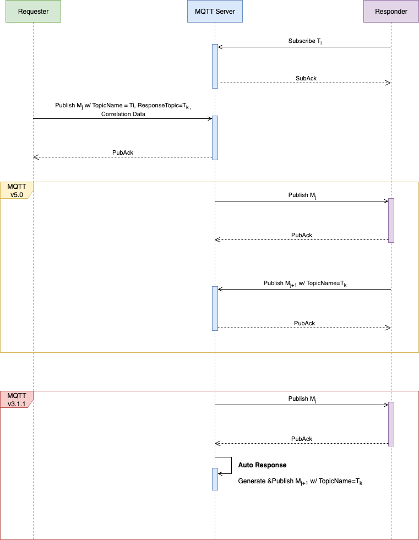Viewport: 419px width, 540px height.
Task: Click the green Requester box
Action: point(33,12)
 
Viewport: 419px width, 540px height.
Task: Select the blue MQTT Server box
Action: point(215,12)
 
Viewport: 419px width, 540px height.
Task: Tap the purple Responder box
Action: point(391,12)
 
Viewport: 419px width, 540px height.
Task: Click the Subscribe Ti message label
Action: point(302,41)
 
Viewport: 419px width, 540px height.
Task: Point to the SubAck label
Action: point(306,78)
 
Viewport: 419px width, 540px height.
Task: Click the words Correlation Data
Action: point(123,114)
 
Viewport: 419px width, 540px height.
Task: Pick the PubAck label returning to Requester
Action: point(123,152)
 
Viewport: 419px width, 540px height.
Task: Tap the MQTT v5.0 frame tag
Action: point(17,190)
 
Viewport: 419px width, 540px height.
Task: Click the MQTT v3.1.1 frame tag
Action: point(17,400)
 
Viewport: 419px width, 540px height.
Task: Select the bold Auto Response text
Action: point(262,465)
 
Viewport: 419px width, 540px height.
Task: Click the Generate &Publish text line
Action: point(300,482)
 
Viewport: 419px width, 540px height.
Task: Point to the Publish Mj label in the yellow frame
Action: point(302,195)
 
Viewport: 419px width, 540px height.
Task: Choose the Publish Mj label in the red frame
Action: point(302,399)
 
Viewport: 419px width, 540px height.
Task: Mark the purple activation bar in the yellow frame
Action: point(391,220)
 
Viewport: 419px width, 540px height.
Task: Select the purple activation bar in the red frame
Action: point(391,424)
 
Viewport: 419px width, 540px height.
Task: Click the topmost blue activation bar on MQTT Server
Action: point(215,66)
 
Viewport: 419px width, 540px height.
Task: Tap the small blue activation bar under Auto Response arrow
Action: point(215,479)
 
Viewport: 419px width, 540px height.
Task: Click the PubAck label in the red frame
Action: point(302,439)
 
